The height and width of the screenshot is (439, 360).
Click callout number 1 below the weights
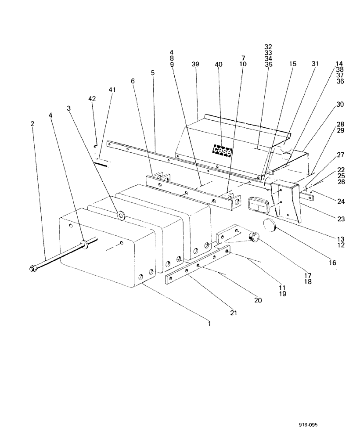tap(209, 324)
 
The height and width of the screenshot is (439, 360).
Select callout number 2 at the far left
tap(32, 124)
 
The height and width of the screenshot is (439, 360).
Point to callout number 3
tap(68, 108)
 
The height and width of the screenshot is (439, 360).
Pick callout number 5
tap(153, 72)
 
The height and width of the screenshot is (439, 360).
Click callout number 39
tap(196, 64)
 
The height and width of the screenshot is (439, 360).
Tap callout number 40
tap(219, 64)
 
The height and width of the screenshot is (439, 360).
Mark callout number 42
tap(92, 99)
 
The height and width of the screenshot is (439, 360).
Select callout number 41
tap(112, 90)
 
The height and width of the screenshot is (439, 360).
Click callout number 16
tap(332, 263)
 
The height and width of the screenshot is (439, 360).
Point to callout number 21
tap(233, 313)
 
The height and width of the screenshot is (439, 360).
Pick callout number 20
tap(258, 301)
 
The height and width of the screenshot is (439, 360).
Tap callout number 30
tap(340, 104)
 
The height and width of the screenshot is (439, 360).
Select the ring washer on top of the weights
tap(121, 215)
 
